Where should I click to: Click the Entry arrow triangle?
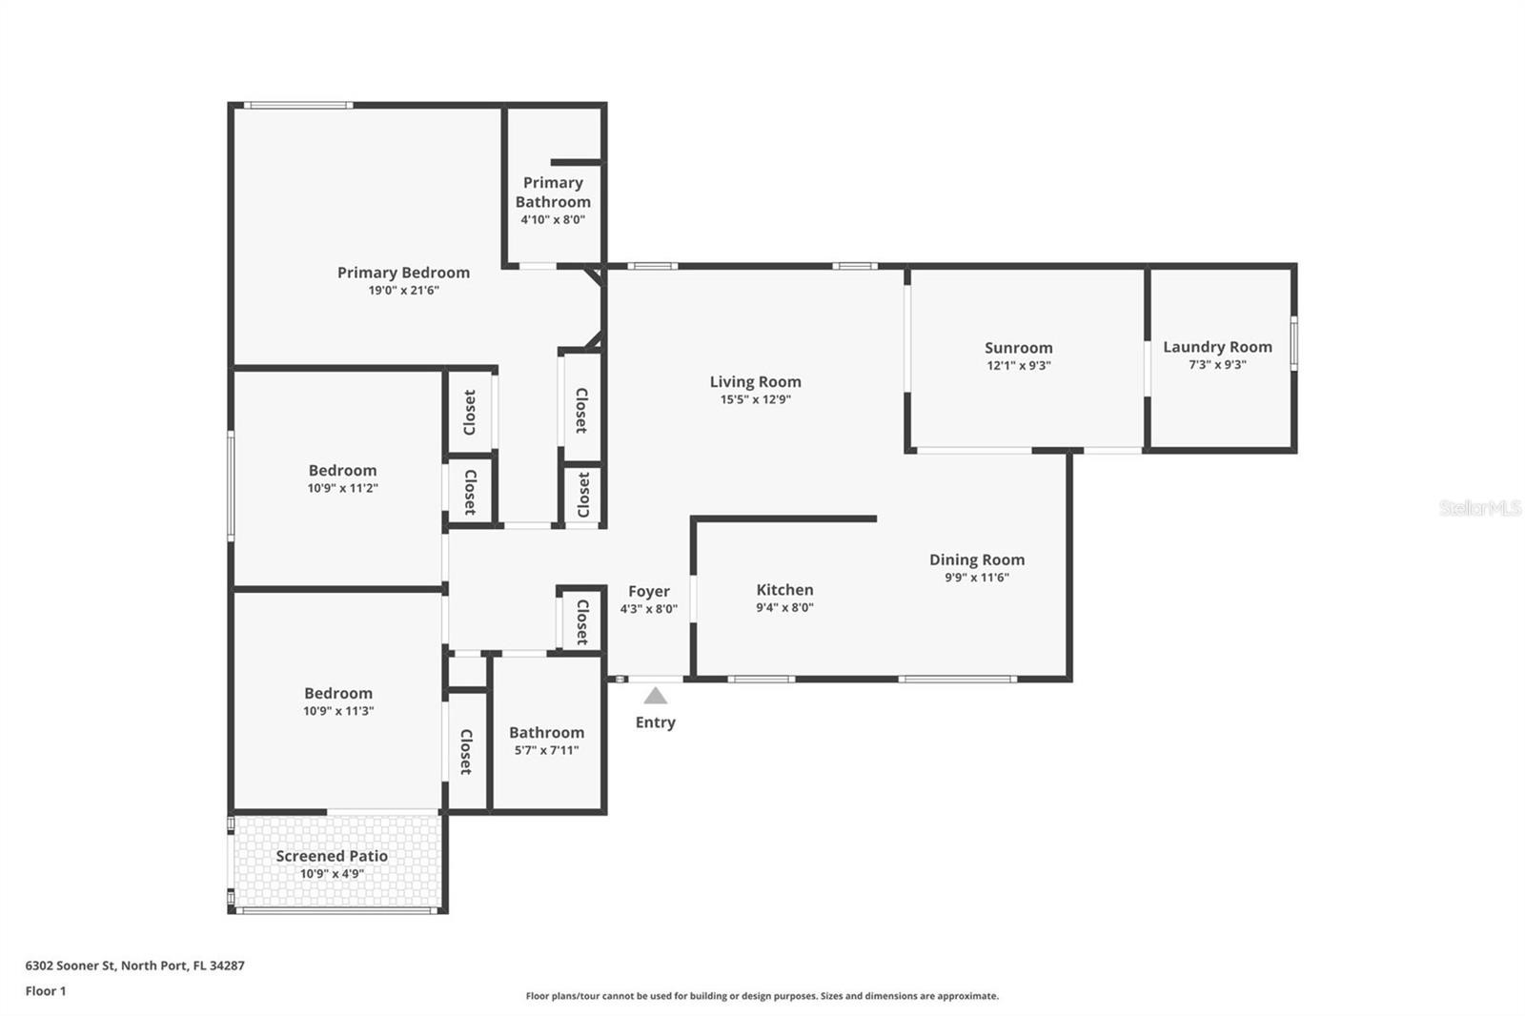point(655,696)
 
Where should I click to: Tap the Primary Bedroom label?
point(404,273)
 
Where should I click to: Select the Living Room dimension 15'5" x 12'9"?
point(756,399)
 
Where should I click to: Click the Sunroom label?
point(1019,348)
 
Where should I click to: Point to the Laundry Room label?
point(1217,347)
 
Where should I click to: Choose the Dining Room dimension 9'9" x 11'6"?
point(977,578)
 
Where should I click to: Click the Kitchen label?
point(785,590)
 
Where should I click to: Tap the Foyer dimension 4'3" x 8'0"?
point(649,609)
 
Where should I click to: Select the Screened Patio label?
point(332,856)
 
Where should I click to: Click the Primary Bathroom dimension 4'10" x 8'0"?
point(553,219)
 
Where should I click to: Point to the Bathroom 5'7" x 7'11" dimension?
point(547,750)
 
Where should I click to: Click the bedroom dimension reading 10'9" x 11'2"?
point(342,488)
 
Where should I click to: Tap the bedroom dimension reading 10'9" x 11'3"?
point(338,711)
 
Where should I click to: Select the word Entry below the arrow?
point(656,722)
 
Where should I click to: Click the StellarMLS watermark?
point(1480,507)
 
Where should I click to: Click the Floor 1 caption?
point(46,991)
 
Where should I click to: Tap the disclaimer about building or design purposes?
point(762,996)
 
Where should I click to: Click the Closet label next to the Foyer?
point(582,621)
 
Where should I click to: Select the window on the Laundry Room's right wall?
point(1293,343)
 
